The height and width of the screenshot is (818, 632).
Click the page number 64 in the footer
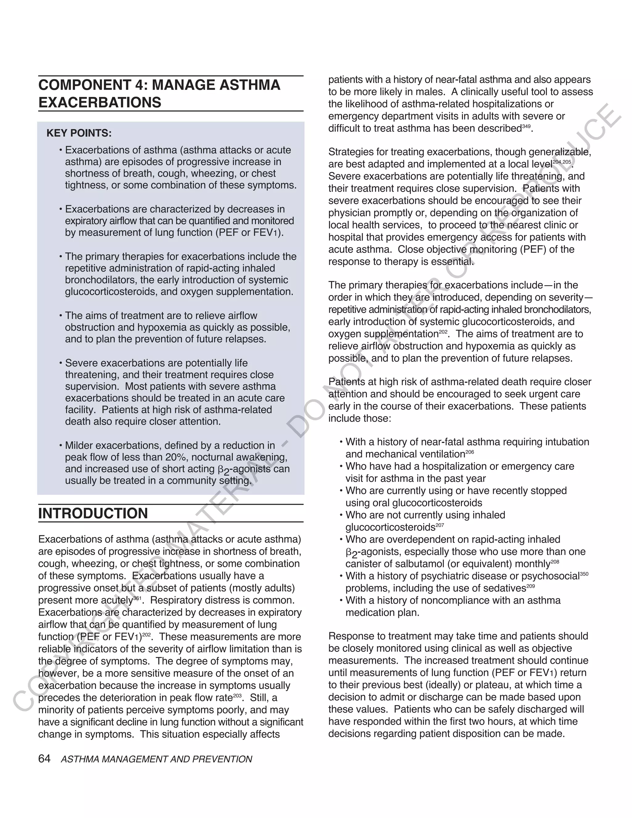click(x=44, y=759)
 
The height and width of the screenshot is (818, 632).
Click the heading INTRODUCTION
click(x=93, y=513)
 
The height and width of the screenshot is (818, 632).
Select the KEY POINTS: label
click(x=79, y=133)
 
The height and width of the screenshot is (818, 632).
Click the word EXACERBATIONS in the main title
click(x=100, y=102)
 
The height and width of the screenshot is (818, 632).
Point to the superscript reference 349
click(x=526, y=126)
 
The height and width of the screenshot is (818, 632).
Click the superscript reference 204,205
click(x=562, y=162)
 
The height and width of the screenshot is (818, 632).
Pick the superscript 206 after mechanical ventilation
click(x=470, y=452)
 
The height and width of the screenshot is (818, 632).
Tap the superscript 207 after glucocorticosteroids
click(x=440, y=525)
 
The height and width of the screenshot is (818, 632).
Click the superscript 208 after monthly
click(x=555, y=562)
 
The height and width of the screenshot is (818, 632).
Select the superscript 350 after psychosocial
click(x=584, y=574)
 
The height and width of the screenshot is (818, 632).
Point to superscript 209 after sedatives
click(x=530, y=586)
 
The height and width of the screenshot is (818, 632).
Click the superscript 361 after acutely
click(x=137, y=598)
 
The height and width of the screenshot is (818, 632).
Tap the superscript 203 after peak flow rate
click(x=237, y=695)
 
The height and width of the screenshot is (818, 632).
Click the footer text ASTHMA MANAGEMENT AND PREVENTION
click(x=156, y=759)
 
